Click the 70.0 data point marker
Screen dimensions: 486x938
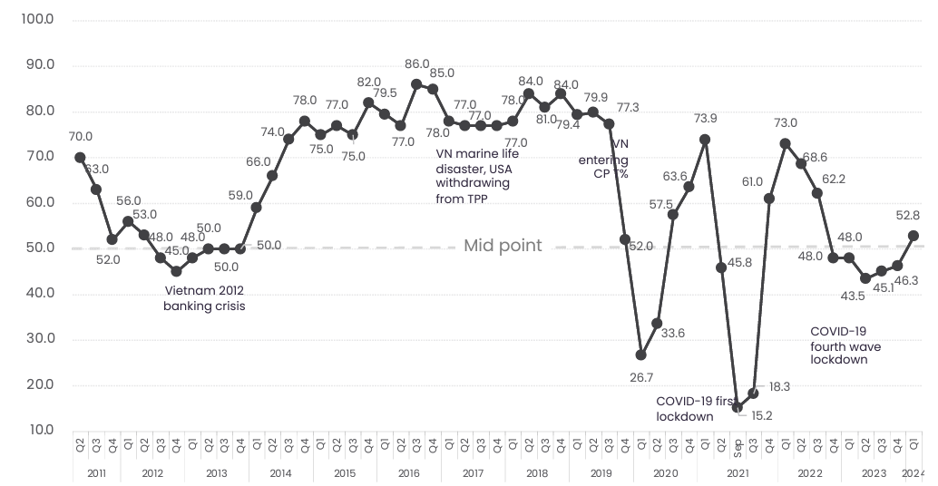(x=80, y=157)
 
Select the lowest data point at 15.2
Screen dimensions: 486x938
(x=738, y=407)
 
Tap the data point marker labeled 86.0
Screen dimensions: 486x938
(x=416, y=84)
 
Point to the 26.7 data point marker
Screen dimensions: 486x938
(x=640, y=355)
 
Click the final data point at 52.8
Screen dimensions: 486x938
(x=914, y=236)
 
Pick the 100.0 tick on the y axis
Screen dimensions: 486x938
(x=37, y=19)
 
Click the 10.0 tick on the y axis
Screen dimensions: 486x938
(x=37, y=430)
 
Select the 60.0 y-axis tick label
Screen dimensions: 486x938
(x=37, y=202)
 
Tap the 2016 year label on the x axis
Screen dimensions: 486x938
(x=408, y=473)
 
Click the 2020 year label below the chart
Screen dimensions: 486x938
(x=665, y=473)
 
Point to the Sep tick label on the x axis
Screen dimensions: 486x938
(x=737, y=445)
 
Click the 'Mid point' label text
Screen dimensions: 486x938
(x=503, y=246)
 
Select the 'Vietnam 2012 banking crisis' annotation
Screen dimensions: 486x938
(x=204, y=298)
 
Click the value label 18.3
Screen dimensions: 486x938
(x=779, y=386)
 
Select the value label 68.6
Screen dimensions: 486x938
(x=820, y=158)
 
